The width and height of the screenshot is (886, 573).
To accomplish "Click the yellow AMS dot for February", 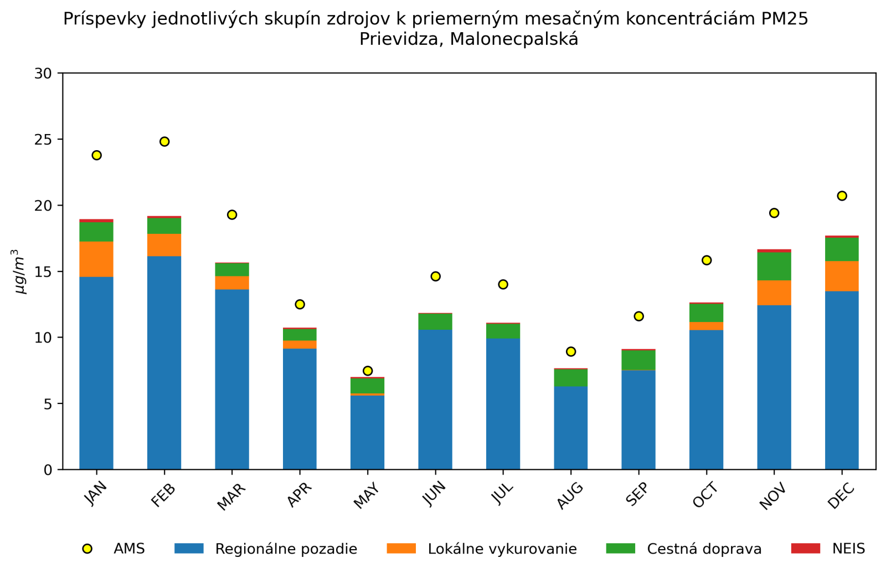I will coord(164,142).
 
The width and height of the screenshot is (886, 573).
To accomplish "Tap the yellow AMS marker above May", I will coord(368,371).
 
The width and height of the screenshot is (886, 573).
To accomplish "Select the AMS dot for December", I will coord(842,196).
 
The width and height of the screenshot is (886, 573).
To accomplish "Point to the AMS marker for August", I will coord(571,351).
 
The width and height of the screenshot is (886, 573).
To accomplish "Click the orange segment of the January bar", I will coord(96,259).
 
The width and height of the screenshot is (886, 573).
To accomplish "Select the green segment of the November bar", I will coord(774,266).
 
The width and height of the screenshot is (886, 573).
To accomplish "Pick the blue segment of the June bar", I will coord(435,399).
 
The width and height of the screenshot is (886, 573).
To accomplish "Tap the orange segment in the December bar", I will coord(842,276).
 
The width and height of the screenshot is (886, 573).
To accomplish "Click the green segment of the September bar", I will coord(638,360).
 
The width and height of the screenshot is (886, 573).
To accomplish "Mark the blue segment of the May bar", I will coord(368,432).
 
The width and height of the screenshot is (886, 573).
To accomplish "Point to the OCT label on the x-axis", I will coord(705,495).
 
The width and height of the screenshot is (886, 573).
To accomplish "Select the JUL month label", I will coord(503,494).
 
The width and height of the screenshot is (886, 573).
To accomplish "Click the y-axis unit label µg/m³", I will coord(20,272).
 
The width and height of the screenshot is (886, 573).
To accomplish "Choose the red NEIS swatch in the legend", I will coord(805,549).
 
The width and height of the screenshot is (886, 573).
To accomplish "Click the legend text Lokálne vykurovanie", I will coord(502,549).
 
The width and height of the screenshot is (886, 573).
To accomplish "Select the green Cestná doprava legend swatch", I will coord(620,549).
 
